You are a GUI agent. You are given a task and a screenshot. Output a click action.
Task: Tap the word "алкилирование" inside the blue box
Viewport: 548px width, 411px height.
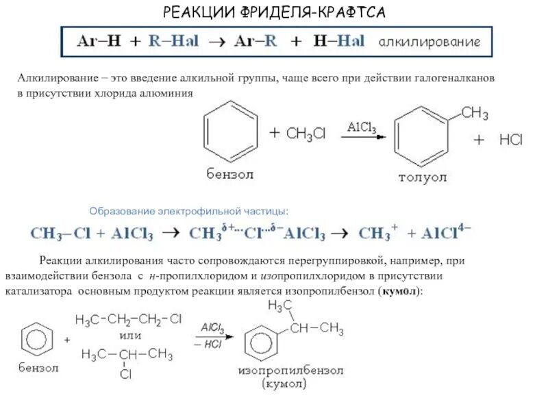[x=429, y=42]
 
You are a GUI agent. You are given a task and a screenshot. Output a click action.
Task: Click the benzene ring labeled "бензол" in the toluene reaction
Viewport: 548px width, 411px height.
[x=231, y=132]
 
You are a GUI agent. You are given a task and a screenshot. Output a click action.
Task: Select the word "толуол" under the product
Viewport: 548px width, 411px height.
[x=423, y=177]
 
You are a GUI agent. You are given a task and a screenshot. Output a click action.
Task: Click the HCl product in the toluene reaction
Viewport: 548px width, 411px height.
[x=510, y=140]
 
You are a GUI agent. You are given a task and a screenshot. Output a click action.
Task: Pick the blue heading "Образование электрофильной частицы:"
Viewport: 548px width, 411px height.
[x=189, y=210]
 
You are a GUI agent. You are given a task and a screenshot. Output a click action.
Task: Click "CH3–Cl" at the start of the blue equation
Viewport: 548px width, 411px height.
[x=60, y=233]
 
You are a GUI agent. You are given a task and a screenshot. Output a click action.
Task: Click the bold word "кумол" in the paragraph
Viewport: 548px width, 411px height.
[x=400, y=291]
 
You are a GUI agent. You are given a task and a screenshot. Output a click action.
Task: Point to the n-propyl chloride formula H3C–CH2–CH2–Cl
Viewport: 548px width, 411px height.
[x=127, y=320]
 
